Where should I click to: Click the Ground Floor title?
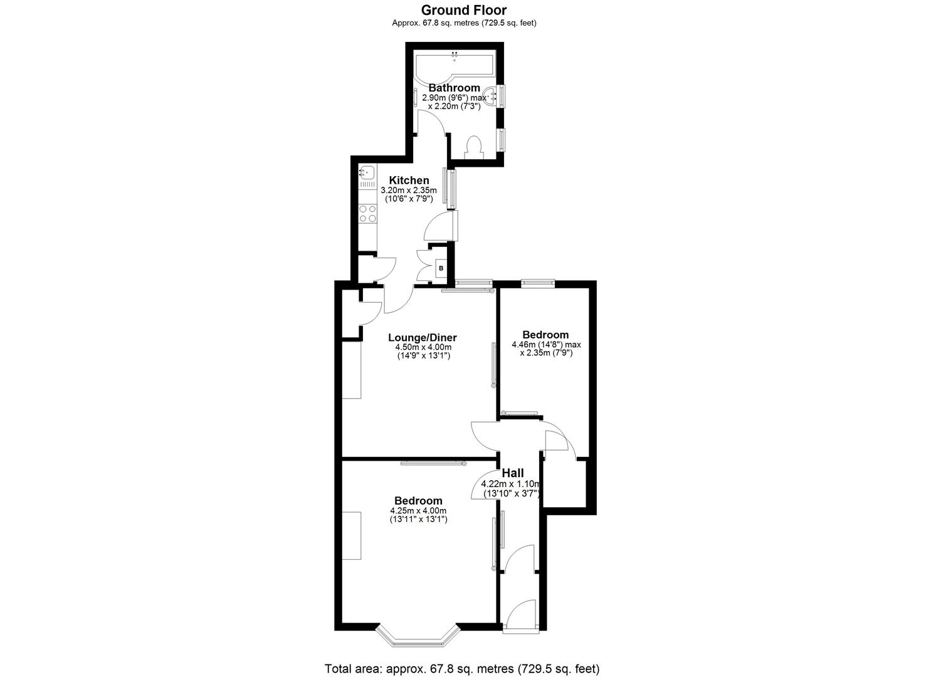coord(463,10)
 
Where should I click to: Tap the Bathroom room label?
coord(454,88)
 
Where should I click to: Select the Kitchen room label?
coord(409,181)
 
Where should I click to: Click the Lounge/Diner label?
coord(422,338)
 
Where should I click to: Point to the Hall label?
coord(513,473)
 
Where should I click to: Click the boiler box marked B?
coord(441,268)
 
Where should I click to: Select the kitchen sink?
coord(367,171)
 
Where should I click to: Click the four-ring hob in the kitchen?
coord(367,213)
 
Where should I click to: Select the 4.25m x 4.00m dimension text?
coord(418,511)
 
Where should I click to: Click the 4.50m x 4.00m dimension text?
coord(423,347)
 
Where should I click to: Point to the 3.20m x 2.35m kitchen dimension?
coord(409,191)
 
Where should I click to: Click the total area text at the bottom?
coord(461,668)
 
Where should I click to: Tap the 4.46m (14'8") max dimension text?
coord(546,344)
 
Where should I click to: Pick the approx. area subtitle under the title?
coord(463,23)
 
